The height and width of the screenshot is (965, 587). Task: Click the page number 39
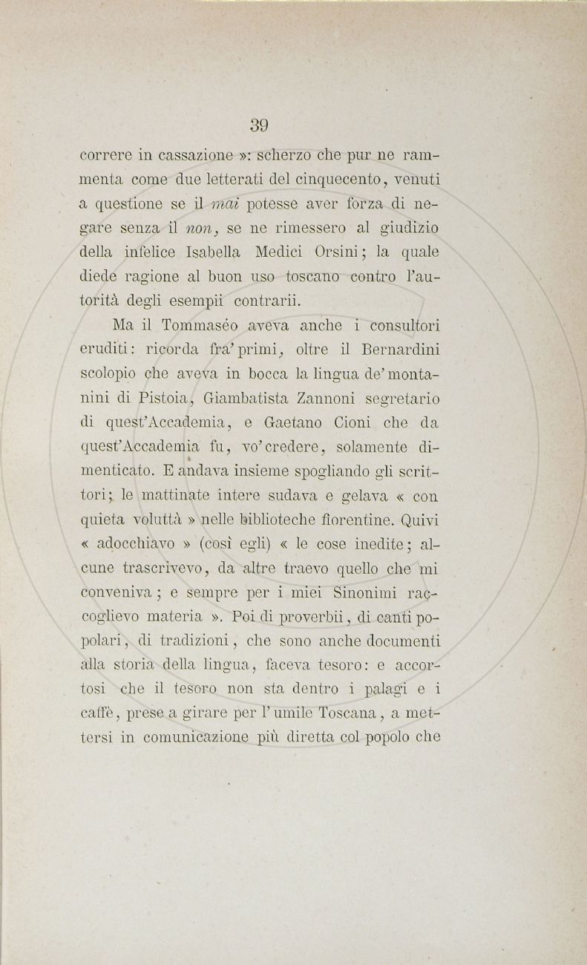259,125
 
